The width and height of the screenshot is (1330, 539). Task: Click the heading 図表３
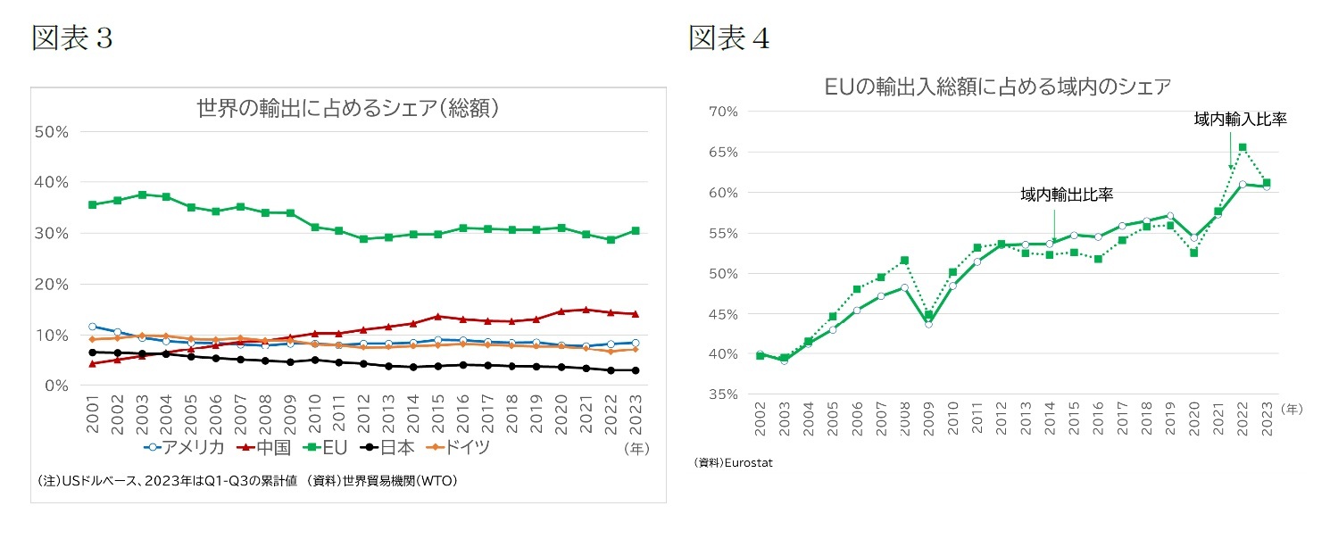(x=71, y=37)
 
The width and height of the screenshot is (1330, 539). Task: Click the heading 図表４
(x=728, y=37)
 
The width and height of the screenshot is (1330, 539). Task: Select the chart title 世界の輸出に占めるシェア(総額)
(x=347, y=109)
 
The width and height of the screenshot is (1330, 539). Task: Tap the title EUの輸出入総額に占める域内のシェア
(x=997, y=87)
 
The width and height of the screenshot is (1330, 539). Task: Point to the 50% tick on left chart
(x=51, y=131)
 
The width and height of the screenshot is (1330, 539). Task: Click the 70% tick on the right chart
(x=721, y=112)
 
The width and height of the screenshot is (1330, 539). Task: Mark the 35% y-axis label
(x=721, y=394)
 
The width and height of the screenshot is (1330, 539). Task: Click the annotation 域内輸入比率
(x=1240, y=119)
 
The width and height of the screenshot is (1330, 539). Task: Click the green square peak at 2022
(x=1243, y=147)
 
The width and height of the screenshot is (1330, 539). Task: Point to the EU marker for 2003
(x=142, y=195)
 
